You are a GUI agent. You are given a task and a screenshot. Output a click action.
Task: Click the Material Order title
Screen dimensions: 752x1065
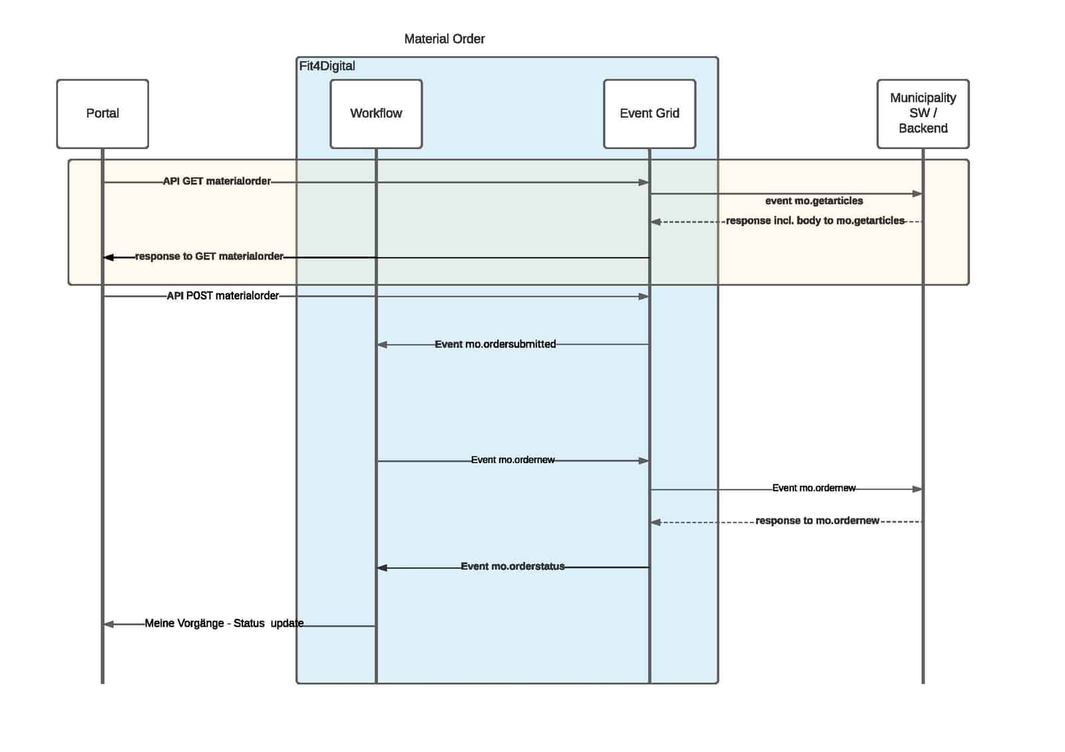[444, 39]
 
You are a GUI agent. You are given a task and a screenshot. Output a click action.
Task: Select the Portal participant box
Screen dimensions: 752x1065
[103, 114]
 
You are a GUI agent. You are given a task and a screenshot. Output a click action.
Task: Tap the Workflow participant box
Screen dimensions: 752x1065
[376, 114]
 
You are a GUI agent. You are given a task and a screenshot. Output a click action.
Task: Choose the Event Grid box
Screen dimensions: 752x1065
[649, 114]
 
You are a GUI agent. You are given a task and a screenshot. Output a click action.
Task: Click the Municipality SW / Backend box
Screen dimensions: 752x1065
[923, 114]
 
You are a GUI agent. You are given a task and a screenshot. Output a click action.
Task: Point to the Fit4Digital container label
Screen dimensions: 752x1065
[327, 66]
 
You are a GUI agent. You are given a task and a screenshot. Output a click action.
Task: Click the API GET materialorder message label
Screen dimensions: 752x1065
[217, 181]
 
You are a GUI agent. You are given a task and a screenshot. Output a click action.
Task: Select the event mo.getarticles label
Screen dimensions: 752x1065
[813, 201]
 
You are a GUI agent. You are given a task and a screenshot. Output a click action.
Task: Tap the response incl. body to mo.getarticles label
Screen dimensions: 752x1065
[815, 220]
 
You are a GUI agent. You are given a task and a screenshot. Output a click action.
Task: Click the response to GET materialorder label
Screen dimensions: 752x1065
[209, 256]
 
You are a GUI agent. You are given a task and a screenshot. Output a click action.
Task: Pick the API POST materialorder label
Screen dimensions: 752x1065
[222, 295]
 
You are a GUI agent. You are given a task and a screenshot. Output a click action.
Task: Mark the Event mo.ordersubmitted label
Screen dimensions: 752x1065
[495, 344]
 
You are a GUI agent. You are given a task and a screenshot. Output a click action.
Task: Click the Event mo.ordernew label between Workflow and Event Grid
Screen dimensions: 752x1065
[513, 460]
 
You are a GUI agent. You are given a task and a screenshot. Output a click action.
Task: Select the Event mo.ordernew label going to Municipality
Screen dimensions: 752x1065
[813, 488]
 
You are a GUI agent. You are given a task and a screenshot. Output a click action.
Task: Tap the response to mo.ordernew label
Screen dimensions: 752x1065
[817, 520]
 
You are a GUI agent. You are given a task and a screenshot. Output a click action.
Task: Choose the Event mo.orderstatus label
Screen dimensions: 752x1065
[513, 566]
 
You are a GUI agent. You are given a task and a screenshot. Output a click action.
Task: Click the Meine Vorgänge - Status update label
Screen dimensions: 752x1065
[224, 623]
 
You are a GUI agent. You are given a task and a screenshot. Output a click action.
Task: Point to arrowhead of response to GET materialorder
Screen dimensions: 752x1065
[108, 257]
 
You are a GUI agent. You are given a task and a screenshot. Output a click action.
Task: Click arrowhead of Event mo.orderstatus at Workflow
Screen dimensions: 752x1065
[382, 568]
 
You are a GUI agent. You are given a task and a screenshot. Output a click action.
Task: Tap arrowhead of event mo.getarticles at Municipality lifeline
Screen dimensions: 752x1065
[917, 194]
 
